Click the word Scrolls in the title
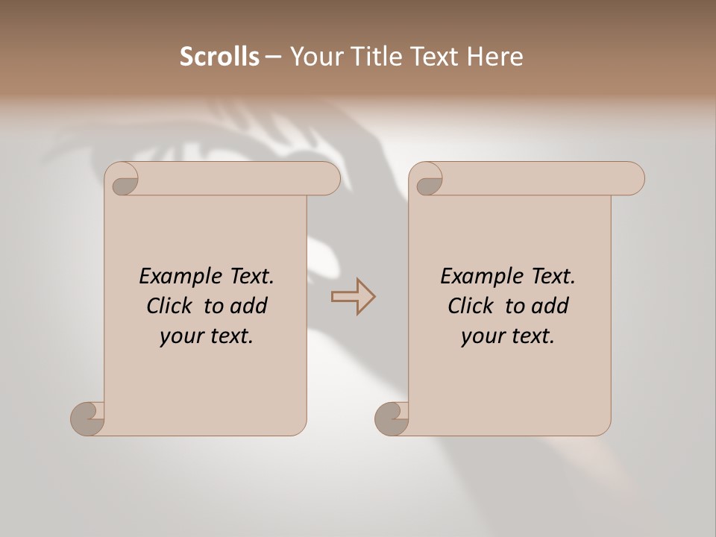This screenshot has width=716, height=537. (x=219, y=57)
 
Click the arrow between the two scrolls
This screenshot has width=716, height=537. (x=354, y=297)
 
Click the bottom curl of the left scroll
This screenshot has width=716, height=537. (x=87, y=418)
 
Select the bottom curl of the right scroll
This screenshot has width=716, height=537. (x=392, y=418)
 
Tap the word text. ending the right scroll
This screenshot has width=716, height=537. (x=530, y=336)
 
